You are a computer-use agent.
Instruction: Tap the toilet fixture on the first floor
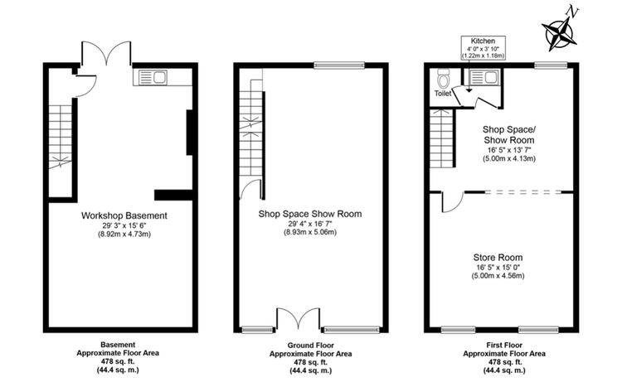click(x=443, y=79)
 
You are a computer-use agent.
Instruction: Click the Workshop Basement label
click(x=124, y=215)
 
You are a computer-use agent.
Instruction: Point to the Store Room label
click(x=498, y=257)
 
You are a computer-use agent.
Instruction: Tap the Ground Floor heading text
click(x=311, y=346)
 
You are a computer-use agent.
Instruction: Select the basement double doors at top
click(x=106, y=53)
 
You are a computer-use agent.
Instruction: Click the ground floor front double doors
click(x=299, y=318)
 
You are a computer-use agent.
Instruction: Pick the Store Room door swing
click(x=452, y=202)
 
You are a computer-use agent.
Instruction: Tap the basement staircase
click(x=60, y=137)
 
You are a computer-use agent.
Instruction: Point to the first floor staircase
click(x=441, y=138)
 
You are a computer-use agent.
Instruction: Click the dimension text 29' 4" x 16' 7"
click(x=310, y=224)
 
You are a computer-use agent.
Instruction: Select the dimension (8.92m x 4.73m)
click(x=124, y=235)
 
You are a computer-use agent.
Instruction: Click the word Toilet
click(x=443, y=94)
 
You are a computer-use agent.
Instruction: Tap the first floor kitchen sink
click(x=484, y=78)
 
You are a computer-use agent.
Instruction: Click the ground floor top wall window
click(x=339, y=65)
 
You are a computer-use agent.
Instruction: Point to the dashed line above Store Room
click(x=523, y=192)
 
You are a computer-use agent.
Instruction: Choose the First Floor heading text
click(x=504, y=346)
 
